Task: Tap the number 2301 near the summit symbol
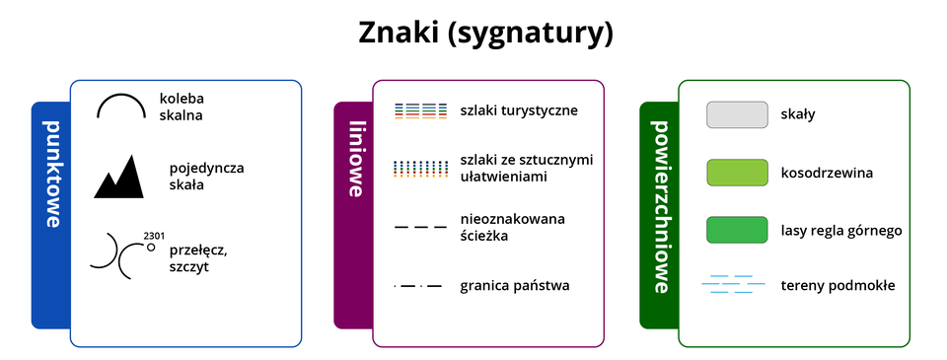point(153,236)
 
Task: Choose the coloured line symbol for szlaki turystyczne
point(414,110)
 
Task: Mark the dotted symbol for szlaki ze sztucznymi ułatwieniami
point(414,168)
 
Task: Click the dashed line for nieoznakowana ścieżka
point(420,228)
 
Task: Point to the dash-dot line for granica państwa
point(418,287)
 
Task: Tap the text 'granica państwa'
point(514,287)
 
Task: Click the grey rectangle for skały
point(737,114)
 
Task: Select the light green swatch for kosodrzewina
point(737,173)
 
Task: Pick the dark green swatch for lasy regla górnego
point(737,230)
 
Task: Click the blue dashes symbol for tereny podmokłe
point(733,285)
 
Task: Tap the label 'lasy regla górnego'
point(840,231)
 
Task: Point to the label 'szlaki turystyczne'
point(519,110)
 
